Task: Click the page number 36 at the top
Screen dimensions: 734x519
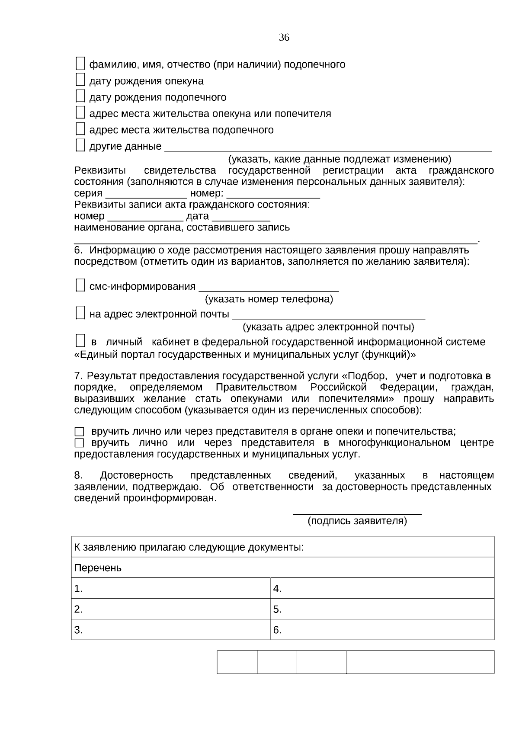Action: point(284,38)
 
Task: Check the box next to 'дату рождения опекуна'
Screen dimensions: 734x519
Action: point(80,80)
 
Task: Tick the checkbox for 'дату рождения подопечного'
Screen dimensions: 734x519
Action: point(80,96)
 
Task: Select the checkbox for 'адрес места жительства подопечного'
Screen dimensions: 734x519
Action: point(80,129)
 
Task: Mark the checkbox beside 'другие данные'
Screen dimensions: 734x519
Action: point(80,145)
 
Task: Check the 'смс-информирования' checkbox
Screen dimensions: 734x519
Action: point(80,285)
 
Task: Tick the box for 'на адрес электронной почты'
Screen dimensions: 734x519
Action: point(80,313)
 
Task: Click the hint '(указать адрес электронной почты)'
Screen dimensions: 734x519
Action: point(328,327)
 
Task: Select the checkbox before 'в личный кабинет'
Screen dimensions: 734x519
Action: point(80,341)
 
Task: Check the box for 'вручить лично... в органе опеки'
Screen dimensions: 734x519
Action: point(79,432)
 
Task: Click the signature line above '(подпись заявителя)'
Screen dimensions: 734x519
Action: point(357,513)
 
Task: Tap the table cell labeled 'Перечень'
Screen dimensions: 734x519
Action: point(282,567)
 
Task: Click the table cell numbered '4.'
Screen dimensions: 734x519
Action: point(382,588)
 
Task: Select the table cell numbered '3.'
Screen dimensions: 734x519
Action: point(170,630)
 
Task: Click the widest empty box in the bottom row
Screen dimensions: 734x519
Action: point(420,662)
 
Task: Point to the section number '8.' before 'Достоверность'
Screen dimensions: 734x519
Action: point(78,475)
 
